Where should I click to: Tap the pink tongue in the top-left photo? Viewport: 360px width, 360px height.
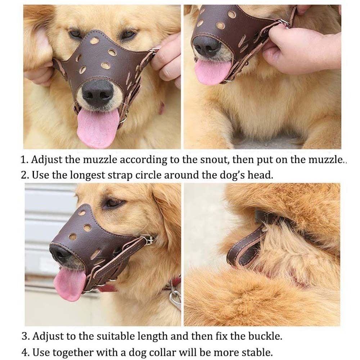click(96, 128)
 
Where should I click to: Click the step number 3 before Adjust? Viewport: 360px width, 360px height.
click(24, 337)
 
